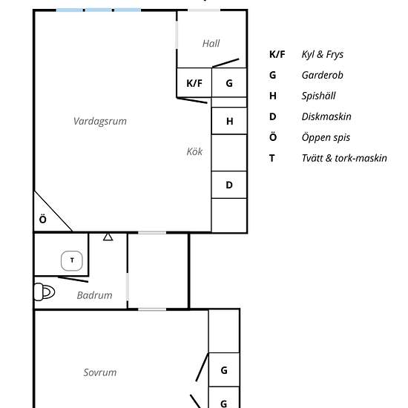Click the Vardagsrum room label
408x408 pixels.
tap(99, 121)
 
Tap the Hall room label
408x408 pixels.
tap(211, 44)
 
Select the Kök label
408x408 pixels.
tap(194, 152)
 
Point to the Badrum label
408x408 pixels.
tap(95, 295)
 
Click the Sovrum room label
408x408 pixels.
tap(99, 372)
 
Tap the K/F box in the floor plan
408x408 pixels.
tap(194, 83)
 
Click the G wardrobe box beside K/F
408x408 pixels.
tap(230, 83)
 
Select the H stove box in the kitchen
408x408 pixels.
tap(230, 121)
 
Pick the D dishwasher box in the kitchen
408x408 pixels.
tap(230, 185)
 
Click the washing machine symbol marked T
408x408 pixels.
tap(72, 260)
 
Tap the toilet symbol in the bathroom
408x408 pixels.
tap(45, 292)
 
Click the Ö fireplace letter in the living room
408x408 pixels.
tap(43, 220)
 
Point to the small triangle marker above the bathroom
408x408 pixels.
tap(108, 237)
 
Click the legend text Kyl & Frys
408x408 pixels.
tap(322, 54)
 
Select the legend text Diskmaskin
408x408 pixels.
tap(326, 116)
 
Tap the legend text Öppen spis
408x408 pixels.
tap(326, 137)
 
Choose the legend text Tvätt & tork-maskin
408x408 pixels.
tap(344, 158)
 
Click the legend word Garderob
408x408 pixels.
tap(322, 75)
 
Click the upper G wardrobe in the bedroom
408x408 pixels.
tap(224, 370)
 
